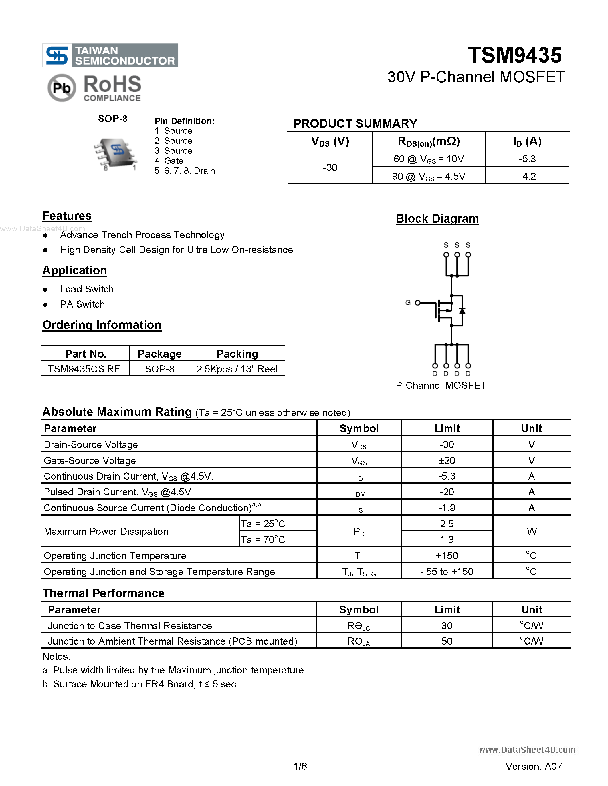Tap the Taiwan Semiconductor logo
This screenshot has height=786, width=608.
110,55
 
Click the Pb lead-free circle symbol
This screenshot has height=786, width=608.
62,88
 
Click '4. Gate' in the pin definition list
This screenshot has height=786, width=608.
169,161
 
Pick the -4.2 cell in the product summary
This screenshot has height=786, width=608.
527,176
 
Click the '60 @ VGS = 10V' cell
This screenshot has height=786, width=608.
429,159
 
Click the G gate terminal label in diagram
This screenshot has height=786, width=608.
408,303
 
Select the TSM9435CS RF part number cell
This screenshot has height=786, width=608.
84,369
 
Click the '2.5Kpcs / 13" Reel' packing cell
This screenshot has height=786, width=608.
237,369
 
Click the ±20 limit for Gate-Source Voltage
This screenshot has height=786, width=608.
447,460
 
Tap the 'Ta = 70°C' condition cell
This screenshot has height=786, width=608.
263,539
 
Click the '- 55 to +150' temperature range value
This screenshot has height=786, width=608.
447,572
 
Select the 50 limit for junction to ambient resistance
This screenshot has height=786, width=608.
447,641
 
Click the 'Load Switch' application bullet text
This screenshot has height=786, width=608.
87,289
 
